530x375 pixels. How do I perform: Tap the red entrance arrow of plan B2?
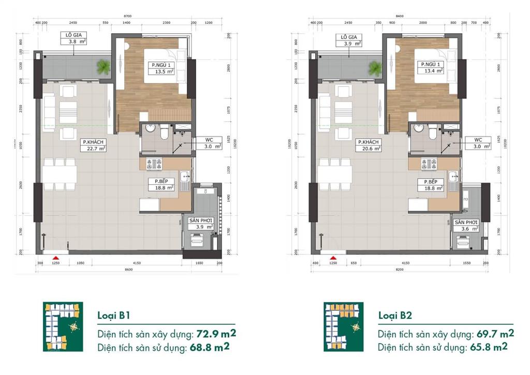334,257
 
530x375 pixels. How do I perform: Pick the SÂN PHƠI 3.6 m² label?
466,225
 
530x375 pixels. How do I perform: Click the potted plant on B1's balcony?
104,66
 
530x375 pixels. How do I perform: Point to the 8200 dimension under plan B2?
399,270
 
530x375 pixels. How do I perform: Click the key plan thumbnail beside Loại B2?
343,327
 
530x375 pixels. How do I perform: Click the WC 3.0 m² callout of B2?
478,143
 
